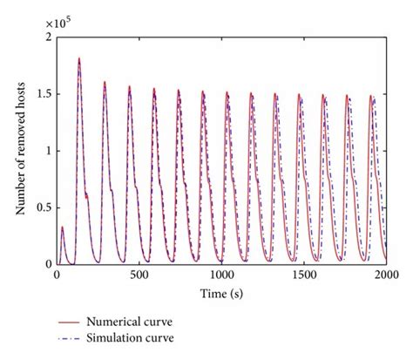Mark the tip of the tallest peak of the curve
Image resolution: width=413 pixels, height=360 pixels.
(79, 58)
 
